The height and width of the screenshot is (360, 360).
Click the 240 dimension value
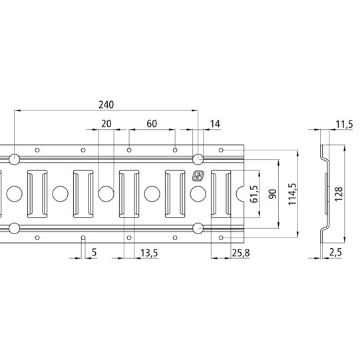106,104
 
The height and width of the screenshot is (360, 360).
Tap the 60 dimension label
152,124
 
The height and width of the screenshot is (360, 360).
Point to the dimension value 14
214,124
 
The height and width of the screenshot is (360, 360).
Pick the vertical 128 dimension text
339,194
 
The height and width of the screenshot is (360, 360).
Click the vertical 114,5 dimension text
291,194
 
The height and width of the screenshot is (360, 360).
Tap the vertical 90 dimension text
271,194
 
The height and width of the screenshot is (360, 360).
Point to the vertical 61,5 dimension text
253,194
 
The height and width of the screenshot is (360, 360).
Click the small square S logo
198,176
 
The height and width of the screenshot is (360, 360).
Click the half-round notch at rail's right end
243,194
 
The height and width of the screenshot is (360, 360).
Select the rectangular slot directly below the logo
221,194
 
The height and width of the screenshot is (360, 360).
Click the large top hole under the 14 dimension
198,158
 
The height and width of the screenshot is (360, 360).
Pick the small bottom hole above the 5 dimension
83,238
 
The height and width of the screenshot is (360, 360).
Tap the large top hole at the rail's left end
14,158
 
